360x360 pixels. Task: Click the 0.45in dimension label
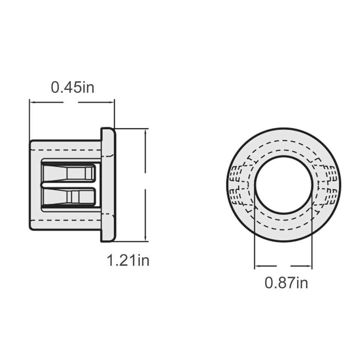point(72,87)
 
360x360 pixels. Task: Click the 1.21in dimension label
point(128,260)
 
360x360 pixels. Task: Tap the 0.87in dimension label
point(286,282)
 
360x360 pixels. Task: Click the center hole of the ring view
point(283,185)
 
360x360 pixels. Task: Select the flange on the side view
point(108,185)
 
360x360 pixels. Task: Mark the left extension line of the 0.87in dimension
point(255,232)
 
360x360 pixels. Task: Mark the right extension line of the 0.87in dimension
point(312,232)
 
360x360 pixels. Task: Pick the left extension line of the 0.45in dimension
point(29,120)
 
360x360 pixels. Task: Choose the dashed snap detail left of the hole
point(238,185)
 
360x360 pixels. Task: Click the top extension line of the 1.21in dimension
point(131,129)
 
